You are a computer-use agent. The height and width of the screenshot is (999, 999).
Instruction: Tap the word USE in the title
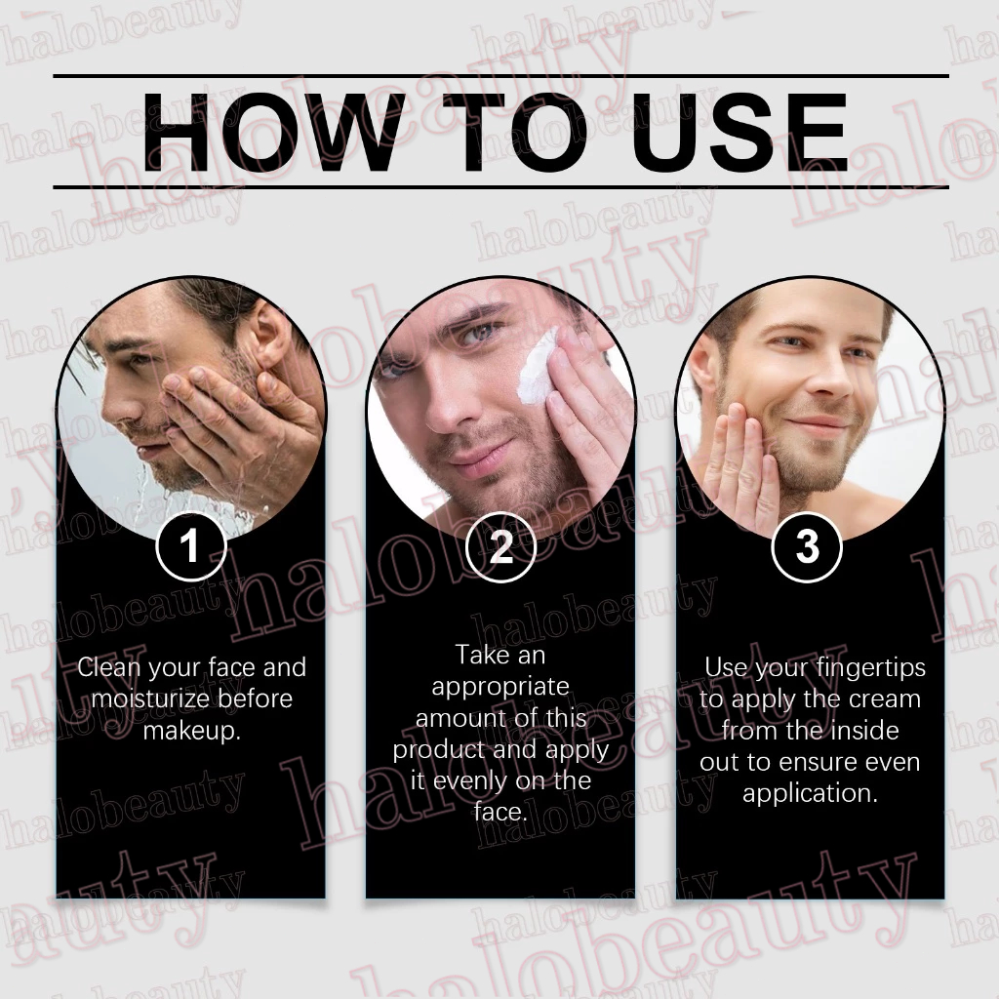[x=739, y=132]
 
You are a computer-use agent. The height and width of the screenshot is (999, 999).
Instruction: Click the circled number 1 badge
[x=191, y=546]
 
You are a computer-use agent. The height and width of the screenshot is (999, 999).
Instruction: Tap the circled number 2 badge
[x=500, y=546]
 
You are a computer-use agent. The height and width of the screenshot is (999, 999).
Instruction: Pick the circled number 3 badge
[x=807, y=546]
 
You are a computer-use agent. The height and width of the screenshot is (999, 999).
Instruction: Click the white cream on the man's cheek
[x=537, y=368]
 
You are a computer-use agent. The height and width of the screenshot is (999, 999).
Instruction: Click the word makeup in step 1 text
[x=192, y=731]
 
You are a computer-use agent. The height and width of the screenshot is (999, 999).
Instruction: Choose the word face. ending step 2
[x=500, y=812]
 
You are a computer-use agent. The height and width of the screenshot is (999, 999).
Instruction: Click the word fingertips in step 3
[x=871, y=668]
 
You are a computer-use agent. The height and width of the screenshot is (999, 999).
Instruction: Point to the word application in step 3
[x=810, y=794]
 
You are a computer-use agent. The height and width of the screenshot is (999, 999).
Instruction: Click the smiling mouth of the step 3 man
[x=818, y=425]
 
